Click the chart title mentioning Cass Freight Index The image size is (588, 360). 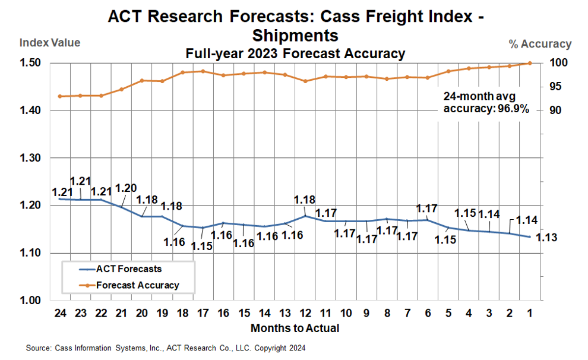pos(295,25)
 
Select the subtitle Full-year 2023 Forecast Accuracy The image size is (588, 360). pos(295,54)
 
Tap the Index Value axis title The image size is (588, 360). pos(50,43)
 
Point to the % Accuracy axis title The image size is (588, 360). pos(540,43)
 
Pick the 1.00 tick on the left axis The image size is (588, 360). pos(30,301)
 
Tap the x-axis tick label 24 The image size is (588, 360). pos(59,313)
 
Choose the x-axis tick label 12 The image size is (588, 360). pos(305,313)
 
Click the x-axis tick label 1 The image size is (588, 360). pos(530,313)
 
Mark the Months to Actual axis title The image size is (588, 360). pos(295,328)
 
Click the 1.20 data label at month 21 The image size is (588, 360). pos(125,188)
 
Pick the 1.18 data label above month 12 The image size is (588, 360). pos(305,200)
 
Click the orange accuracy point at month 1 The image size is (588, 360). pos(530,63)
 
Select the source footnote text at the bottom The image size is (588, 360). pos(166,348)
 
